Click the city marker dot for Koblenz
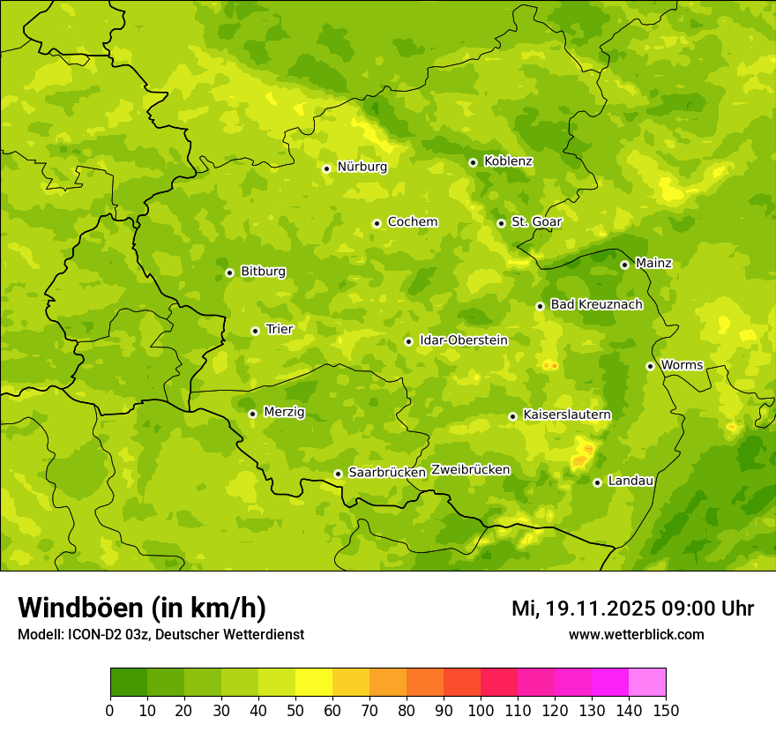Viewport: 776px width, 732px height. pos(473,162)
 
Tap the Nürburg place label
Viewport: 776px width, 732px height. pos(362,167)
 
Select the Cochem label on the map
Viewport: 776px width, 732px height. pos(413,222)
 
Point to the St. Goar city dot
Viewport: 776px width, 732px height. pos(501,223)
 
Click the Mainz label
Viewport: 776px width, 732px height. pos(653,263)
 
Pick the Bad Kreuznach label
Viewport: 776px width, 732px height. pos(596,304)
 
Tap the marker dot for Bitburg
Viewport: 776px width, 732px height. pos(229,273)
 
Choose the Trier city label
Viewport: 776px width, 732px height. pos(280,329)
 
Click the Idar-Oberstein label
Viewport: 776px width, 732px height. pos(464,340)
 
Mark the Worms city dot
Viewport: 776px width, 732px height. pos(650,366)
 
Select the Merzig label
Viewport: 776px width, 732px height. pos(284,412)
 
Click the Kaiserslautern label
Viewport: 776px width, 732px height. pos(567,415)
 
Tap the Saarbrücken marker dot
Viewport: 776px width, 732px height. pos(338,474)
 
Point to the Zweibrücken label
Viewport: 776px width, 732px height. pos(470,470)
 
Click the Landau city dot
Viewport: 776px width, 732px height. pos(597,482)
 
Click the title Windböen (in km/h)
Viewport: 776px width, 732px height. pos(142,608)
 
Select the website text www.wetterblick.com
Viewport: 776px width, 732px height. pos(636,634)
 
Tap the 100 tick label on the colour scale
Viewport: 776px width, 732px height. pos(481,710)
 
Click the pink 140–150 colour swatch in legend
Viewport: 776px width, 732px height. pos(647,683)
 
